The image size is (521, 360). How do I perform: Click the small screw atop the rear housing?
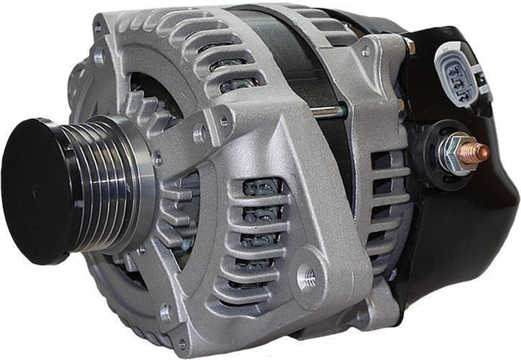click(x=365, y=51)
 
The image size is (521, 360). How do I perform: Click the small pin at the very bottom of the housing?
click(x=182, y=346)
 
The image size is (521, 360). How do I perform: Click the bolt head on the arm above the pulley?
click(x=200, y=134)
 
